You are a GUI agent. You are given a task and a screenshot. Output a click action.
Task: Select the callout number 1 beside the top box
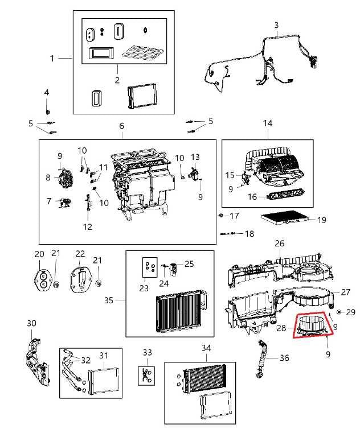(52, 58)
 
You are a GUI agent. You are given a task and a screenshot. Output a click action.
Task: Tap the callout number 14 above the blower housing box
(268, 123)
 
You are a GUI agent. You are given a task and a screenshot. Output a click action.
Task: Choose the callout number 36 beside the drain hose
(284, 358)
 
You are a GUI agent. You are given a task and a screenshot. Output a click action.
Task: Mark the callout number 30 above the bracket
(32, 323)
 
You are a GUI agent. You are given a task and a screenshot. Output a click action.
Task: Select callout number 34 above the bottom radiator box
(206, 347)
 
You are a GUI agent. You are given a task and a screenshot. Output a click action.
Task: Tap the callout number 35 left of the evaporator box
(108, 300)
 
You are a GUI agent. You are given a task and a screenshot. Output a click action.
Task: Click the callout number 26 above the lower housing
(279, 243)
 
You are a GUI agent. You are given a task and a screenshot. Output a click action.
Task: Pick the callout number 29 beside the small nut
(350, 312)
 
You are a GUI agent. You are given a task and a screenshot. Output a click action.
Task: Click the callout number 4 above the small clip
(47, 92)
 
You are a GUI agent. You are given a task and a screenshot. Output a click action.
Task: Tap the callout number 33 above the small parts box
(148, 353)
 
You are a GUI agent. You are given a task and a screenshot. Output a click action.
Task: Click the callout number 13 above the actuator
(195, 156)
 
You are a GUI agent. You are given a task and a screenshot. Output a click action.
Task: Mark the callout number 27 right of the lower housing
(346, 292)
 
